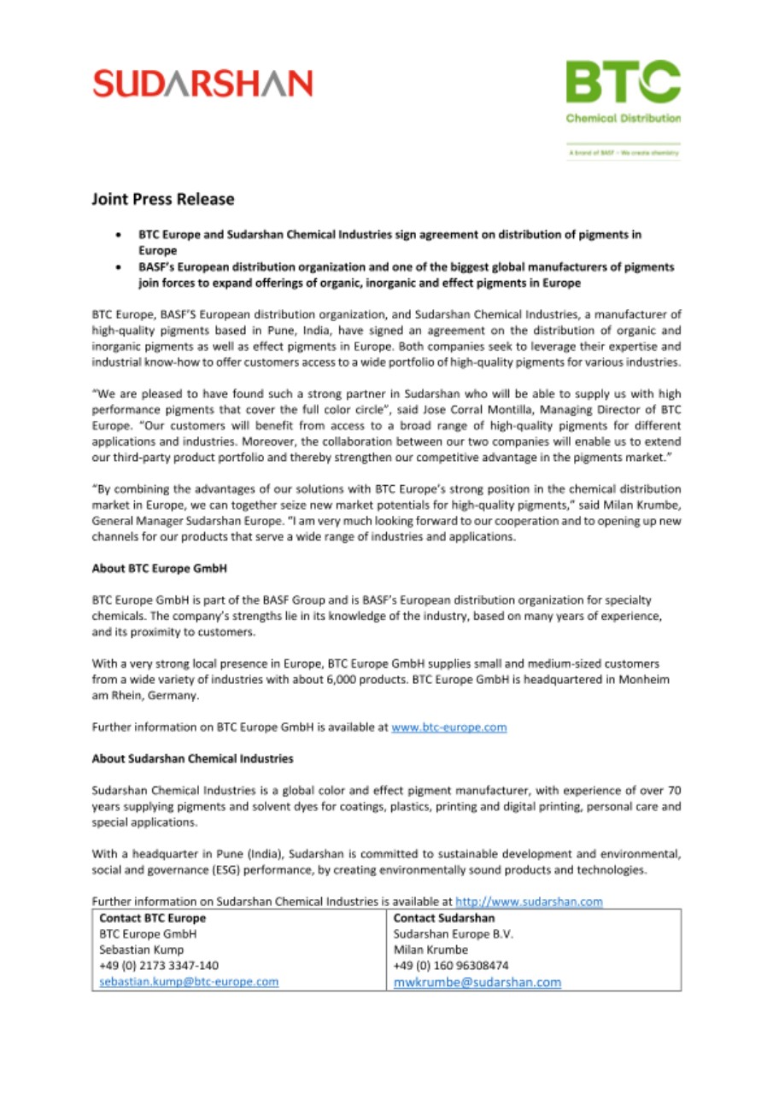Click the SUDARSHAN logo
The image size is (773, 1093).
click(202, 83)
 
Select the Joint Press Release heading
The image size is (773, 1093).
click(163, 199)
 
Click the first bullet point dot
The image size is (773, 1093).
click(119, 233)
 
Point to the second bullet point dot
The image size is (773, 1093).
click(119, 267)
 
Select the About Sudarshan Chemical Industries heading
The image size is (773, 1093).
click(192, 757)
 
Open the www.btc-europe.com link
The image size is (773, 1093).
click(449, 728)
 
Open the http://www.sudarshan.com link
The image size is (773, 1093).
click(530, 901)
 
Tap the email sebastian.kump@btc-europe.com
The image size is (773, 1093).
click(189, 982)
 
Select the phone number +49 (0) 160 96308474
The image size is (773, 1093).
click(451, 966)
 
